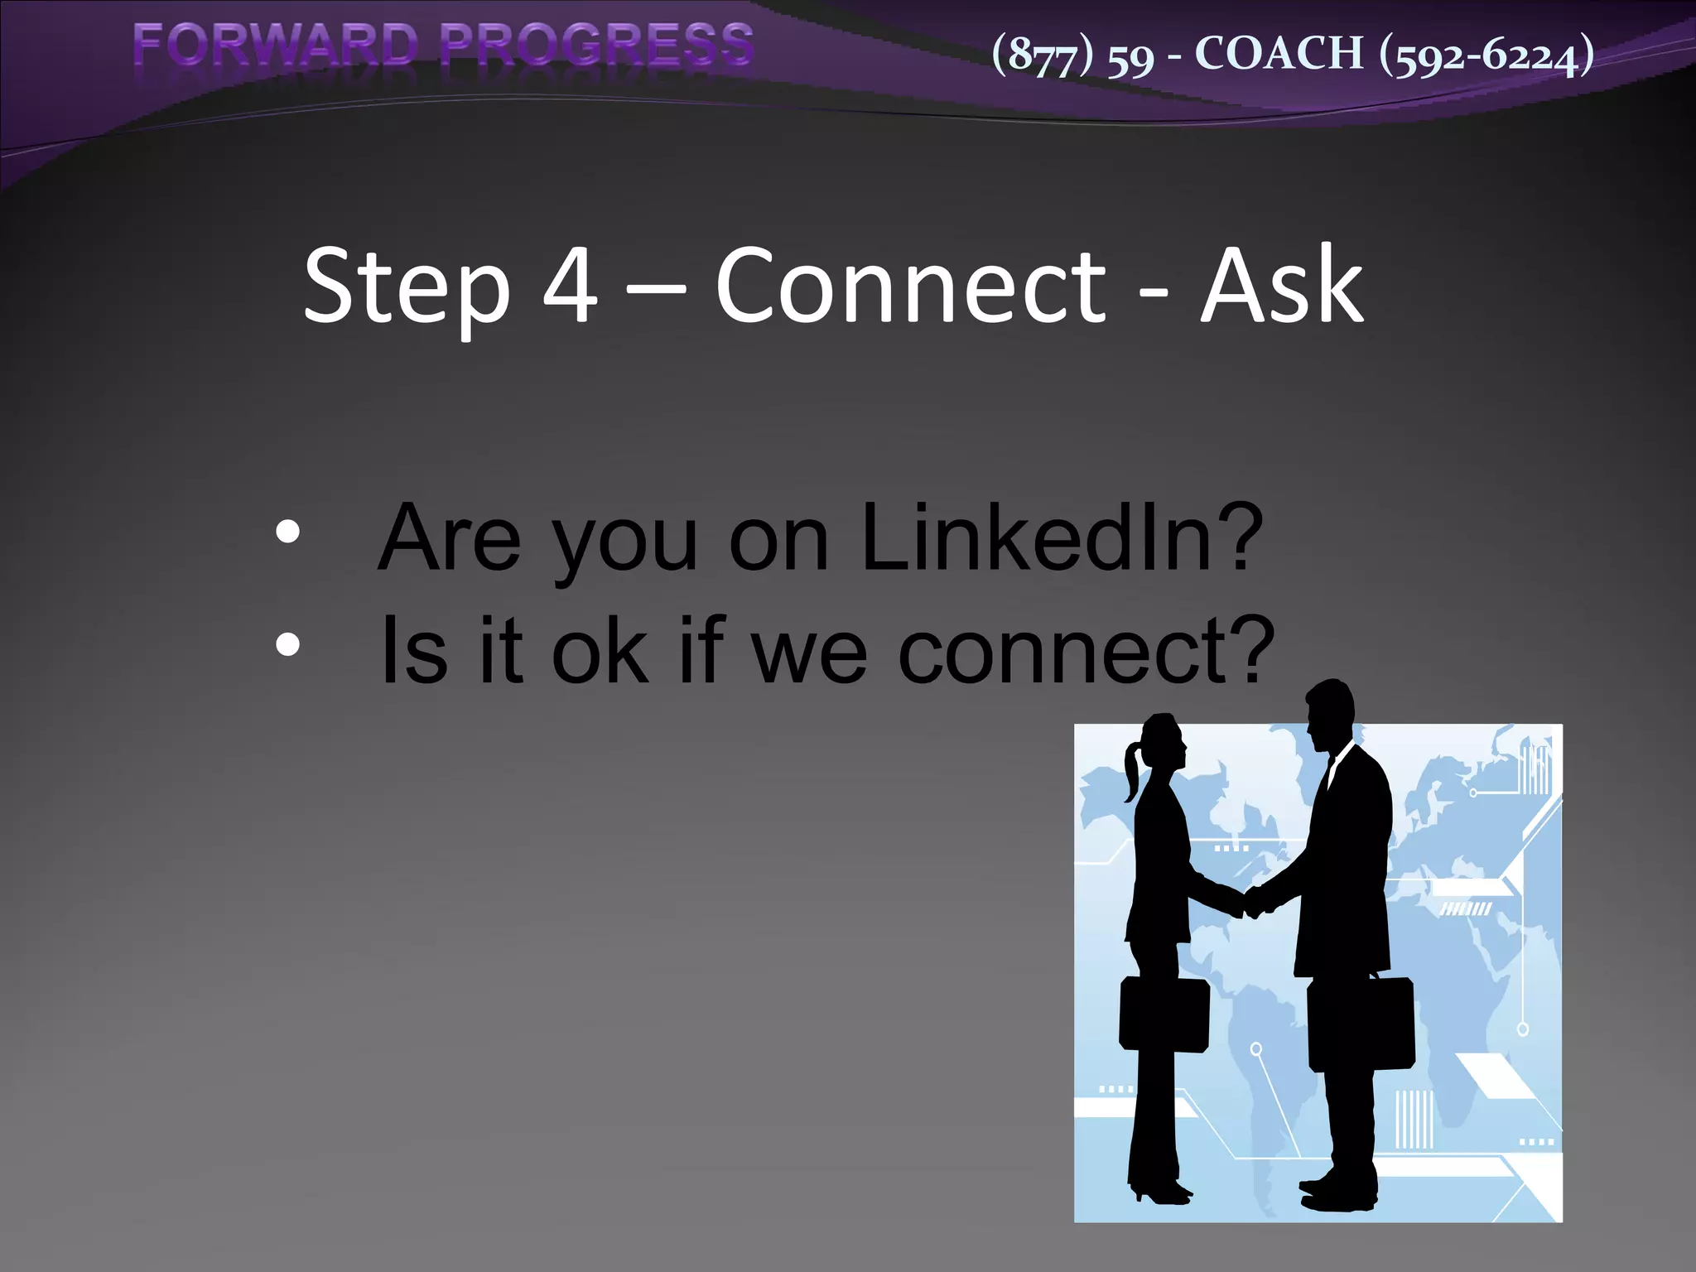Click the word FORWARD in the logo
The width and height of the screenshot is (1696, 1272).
pyautogui.click(x=276, y=45)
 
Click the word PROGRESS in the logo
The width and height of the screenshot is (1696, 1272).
pyautogui.click(x=596, y=45)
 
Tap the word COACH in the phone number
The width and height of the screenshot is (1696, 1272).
pyautogui.click(x=1279, y=54)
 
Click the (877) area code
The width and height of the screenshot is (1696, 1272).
pyautogui.click(x=1043, y=55)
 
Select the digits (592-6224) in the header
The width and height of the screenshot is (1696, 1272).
pyautogui.click(x=1486, y=55)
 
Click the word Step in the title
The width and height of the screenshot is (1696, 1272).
pyautogui.click(x=407, y=287)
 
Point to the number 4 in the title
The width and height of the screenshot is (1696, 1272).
pyautogui.click(x=570, y=286)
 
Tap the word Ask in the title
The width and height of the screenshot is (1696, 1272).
pyautogui.click(x=1281, y=286)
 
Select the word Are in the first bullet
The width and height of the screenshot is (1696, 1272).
pyautogui.click(x=450, y=538)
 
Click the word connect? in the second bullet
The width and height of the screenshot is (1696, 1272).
pyautogui.click(x=1086, y=652)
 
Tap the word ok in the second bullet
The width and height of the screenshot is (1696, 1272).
pyautogui.click(x=600, y=652)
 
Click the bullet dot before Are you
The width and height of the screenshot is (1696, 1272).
pyautogui.click(x=287, y=532)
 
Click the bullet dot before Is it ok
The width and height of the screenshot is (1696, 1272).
pyautogui.click(x=287, y=644)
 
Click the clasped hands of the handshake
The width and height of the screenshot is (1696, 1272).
pyautogui.click(x=1254, y=901)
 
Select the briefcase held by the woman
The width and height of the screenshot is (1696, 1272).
pyautogui.click(x=1163, y=1015)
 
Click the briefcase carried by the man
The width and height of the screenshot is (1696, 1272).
pyautogui.click(x=1361, y=1024)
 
